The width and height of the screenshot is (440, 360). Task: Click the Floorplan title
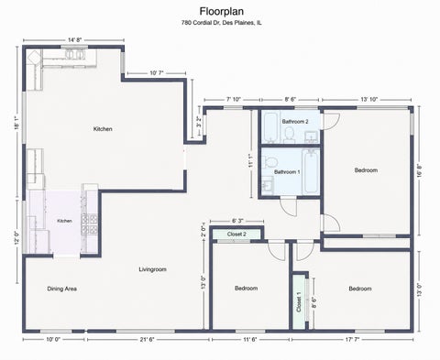pos(222,12)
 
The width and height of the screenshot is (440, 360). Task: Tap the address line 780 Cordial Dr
pos(222,23)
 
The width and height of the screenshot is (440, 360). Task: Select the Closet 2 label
pos(236,235)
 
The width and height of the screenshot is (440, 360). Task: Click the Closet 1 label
pos(299,302)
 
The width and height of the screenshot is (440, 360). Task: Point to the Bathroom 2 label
pos(295,122)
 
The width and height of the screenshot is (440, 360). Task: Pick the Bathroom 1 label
pos(287,172)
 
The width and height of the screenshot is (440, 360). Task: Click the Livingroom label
pos(152,269)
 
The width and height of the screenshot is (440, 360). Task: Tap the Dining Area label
pos(61,289)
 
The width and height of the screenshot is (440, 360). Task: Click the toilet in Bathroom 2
pos(289,136)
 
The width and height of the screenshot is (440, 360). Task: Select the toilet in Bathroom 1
pos(269,161)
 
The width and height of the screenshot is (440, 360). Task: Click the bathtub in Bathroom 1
pos(311,171)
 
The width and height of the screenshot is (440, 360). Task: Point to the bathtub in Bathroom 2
pos(270,127)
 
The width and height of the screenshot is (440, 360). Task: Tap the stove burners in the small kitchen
pos(89,224)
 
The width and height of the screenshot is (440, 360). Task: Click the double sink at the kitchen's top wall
pos(74,54)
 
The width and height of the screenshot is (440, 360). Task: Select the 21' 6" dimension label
pos(147,339)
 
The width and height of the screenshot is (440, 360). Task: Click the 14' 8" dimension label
pos(74,40)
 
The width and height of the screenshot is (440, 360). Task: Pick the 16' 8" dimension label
pos(421,171)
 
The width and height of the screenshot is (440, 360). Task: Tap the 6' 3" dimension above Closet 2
pos(236,221)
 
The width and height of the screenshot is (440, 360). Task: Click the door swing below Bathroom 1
pos(289,207)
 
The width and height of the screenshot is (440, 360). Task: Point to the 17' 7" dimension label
pos(352,339)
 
